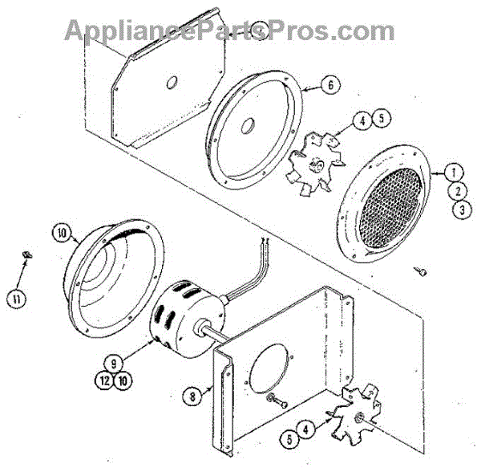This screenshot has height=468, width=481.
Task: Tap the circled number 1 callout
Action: [x=454, y=172]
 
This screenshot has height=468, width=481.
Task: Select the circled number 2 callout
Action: [x=455, y=191]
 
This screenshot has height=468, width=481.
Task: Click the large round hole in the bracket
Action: [x=270, y=374]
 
